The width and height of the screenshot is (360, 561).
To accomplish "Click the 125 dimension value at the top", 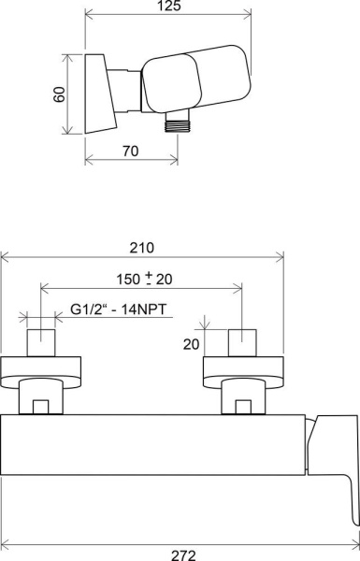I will (168, 6).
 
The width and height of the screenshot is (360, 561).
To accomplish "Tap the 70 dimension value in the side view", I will (132, 151).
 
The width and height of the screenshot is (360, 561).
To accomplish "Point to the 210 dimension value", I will (142, 248).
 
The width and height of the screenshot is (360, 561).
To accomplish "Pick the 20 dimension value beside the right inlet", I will (191, 343).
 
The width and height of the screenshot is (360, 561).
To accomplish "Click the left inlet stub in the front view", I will (42, 343).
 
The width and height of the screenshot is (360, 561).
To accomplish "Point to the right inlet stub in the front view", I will (242, 343).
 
